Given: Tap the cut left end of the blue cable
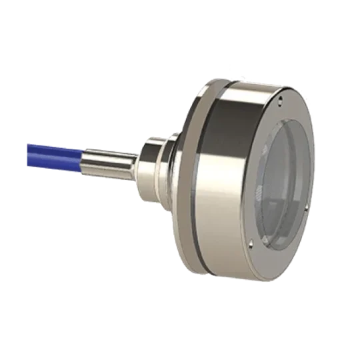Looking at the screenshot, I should [x=29, y=143].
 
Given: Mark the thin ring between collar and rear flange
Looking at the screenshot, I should [x=175, y=167].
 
